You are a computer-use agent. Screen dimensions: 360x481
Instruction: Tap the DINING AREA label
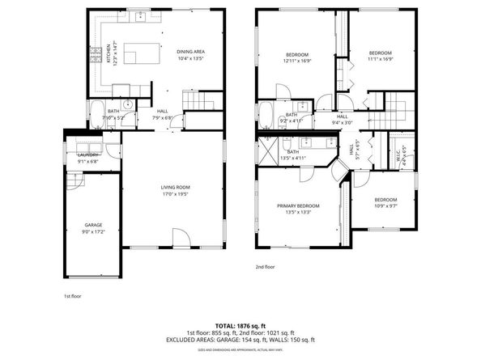coord(190,52)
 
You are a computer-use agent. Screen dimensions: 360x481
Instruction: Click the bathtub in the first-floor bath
coord(96,112)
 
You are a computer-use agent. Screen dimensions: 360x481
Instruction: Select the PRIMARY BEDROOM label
coord(298,205)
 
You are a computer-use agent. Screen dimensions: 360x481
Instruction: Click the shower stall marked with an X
coord(268,150)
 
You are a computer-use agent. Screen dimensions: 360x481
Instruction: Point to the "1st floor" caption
coord(74,296)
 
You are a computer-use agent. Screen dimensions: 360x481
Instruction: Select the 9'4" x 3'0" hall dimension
coord(343,123)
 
